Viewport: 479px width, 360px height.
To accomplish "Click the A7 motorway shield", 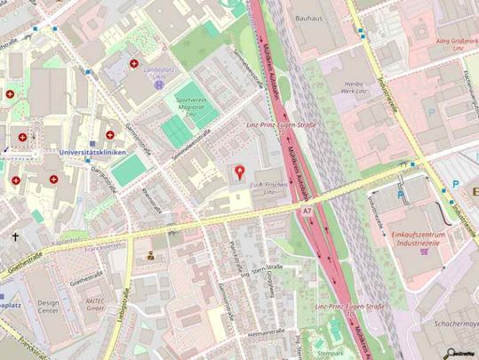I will (x=307, y=211).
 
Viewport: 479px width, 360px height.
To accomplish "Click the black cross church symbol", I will (x=16, y=237).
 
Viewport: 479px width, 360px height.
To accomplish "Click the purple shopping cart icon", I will (x=424, y=252).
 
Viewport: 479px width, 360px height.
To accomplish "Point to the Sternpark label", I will (x=331, y=353).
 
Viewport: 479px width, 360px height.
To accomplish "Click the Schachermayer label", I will (x=452, y=325).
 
